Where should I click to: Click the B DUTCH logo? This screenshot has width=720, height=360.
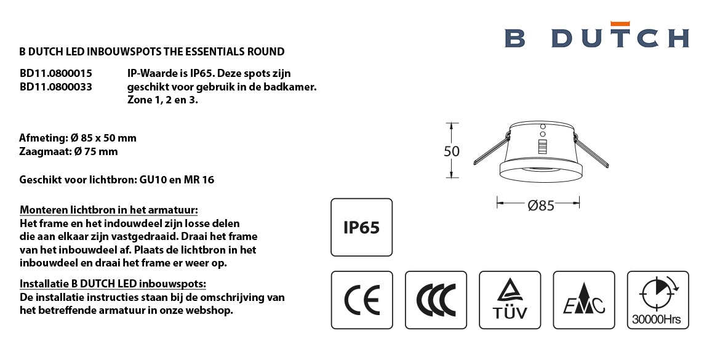coord(596,35)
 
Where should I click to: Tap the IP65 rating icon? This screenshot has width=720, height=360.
coord(362,227)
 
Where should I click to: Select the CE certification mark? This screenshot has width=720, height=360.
coord(362,300)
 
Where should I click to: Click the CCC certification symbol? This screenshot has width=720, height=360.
coord(436,300)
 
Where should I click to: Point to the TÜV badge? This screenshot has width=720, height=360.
coord(510,300)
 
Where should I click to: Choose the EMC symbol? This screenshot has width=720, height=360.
coord(583,300)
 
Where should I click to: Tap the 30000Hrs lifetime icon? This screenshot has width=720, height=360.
coord(658,300)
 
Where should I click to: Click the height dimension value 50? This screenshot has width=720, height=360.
coord(452,151)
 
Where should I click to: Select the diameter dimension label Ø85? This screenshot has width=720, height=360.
coord(541,206)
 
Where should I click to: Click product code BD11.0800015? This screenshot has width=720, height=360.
coord(55,73)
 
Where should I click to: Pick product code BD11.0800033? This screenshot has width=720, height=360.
coord(55,86)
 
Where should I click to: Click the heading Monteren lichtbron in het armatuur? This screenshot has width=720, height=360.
coord(109,210)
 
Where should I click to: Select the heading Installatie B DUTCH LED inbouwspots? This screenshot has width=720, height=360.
coord(113,283)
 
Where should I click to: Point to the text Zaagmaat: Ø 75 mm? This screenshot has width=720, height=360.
coord(68,151)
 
